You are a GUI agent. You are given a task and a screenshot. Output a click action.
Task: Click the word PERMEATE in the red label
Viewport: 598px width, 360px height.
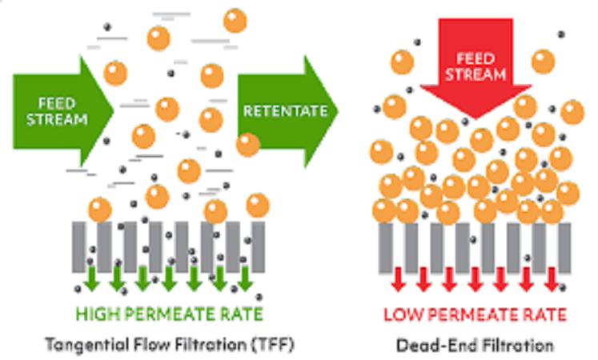coord(473,314)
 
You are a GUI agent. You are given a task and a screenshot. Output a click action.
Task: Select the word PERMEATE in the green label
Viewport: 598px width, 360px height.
coord(171,314)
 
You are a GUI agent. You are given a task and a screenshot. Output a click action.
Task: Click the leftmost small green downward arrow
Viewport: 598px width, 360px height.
coord(91,279)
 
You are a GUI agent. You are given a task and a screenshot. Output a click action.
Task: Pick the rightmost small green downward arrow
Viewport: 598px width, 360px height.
coord(245,279)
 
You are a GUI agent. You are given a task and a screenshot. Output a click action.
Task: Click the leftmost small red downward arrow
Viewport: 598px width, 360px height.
coord(398,280)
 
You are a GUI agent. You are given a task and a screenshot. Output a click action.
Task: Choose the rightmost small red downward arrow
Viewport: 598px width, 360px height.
coord(552,280)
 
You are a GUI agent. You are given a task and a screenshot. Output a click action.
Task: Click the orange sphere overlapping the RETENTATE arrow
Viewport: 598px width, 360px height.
coord(248,145)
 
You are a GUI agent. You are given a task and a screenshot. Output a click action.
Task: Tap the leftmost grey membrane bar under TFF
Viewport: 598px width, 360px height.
coord(78,247)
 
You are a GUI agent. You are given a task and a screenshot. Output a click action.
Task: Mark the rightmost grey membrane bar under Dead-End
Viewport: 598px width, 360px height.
coord(564,248)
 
